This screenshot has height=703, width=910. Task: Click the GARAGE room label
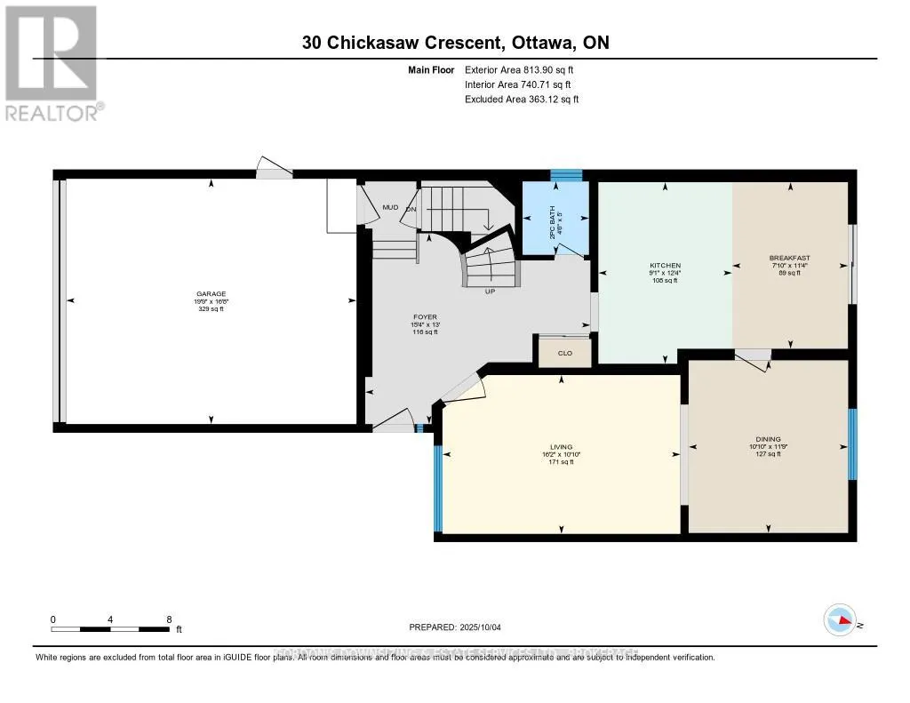[212, 294]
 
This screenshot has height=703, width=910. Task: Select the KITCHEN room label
[665, 266]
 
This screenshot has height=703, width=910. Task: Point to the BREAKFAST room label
[789, 259]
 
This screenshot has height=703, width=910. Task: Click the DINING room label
[768, 439]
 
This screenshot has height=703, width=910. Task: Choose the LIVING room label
[561, 447]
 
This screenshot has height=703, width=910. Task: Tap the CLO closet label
[563, 353]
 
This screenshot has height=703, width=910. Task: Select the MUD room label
[389, 207]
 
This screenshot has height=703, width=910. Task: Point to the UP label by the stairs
[489, 292]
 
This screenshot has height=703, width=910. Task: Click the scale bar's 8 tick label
[169, 619]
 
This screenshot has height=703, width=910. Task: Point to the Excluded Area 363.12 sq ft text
[522, 100]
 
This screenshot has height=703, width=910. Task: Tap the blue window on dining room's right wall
[852, 444]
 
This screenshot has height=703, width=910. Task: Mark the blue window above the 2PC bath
[565, 175]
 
